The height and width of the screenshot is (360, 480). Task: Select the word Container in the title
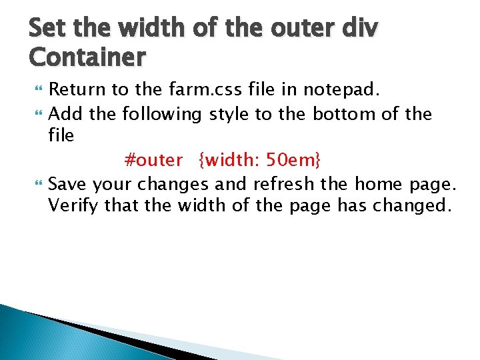coord(87,58)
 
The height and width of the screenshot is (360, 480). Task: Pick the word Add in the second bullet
coord(66,114)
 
